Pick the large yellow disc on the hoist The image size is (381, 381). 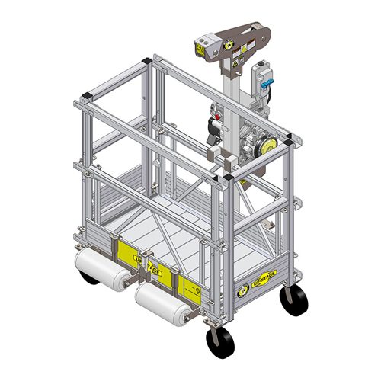coord(266,145)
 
